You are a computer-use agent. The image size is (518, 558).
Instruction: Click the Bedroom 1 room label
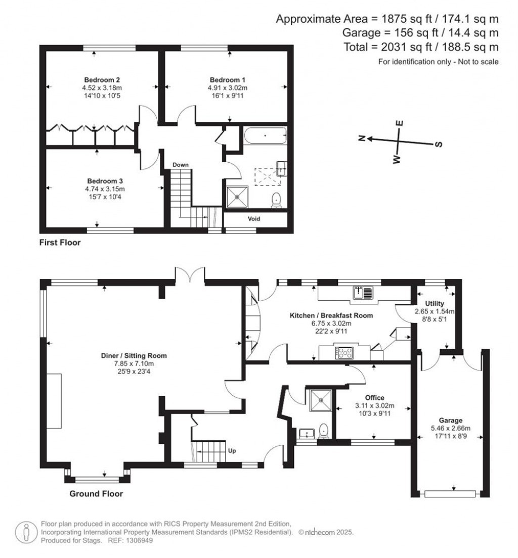point(227,80)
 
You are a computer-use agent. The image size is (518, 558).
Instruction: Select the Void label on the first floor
point(254,218)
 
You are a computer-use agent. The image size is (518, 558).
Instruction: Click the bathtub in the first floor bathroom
point(266,135)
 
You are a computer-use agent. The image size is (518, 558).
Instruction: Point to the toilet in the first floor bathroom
point(277,200)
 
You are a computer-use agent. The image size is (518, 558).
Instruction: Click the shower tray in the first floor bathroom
point(237,197)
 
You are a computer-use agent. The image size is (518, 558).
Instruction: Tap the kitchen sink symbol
point(363,293)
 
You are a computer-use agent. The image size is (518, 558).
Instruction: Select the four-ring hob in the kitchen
point(344,353)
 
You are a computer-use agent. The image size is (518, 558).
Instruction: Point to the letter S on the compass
point(439,144)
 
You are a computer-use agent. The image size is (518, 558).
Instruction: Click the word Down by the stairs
point(181,165)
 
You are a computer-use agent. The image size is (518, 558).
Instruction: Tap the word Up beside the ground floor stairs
point(232,451)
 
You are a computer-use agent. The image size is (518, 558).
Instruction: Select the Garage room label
point(451,421)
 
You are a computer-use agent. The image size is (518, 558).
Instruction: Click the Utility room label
point(435,304)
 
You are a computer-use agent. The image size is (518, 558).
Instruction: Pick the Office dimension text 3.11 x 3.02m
point(375,406)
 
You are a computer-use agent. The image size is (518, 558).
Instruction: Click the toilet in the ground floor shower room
point(323,430)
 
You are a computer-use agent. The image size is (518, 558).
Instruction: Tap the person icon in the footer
point(26,533)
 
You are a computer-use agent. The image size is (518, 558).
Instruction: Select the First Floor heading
point(60,243)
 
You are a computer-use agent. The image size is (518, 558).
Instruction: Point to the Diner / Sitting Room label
point(134,355)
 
